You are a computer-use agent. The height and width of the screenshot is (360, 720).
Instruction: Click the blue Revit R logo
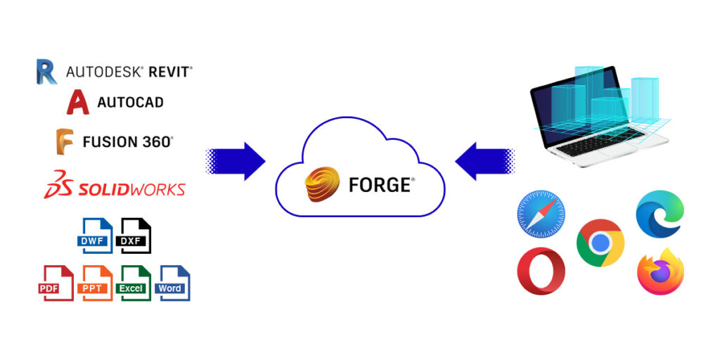46,72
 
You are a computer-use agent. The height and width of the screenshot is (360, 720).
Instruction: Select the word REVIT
169,72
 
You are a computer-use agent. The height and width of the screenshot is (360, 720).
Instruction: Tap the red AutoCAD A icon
78,103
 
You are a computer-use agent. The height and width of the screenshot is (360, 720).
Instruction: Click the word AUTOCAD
130,103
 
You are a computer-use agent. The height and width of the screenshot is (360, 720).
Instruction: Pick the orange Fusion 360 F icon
65,141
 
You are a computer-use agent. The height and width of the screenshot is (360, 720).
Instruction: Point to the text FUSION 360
127,142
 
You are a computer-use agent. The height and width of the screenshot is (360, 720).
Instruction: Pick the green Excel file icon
134,283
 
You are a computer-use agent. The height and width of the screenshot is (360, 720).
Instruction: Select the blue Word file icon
173,283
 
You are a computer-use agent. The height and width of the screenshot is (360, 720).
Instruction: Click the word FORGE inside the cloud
380,185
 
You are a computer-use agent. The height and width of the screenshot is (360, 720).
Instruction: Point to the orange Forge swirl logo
323,184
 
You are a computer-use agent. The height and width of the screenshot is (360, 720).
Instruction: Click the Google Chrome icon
600,243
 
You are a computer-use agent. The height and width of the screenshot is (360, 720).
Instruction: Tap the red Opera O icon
541,271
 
